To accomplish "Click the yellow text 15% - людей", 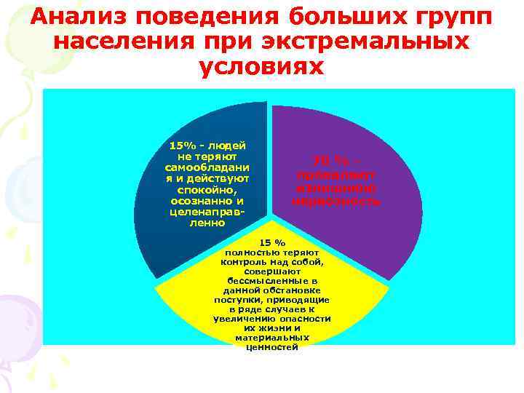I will (x=205, y=146).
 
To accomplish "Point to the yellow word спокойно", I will (x=207, y=189).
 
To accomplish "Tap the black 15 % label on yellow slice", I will (x=272, y=242).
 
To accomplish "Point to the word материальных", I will (x=271, y=338).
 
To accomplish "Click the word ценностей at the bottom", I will (x=271, y=347).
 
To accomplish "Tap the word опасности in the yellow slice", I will (x=305, y=319).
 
